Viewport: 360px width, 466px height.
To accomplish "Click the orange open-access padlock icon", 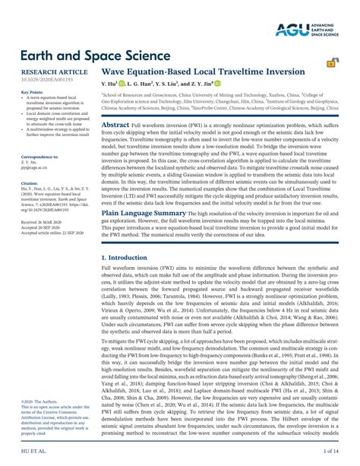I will pyautogui.click(x=333, y=64).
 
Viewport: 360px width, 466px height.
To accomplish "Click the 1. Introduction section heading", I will pyautogui.click(x=130, y=237).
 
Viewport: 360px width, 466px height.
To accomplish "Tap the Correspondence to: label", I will pyautogui.click(x=33, y=156).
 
